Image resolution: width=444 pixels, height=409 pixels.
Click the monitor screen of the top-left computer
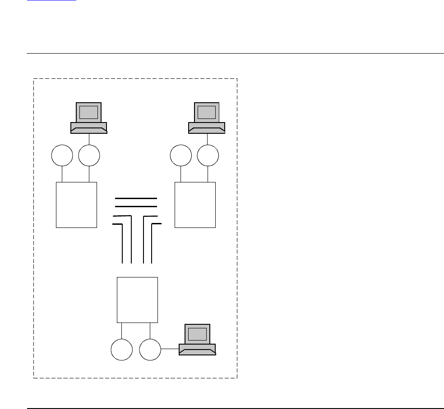pyautogui.click(x=88, y=112)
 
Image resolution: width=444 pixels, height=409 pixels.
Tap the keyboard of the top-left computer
pyautogui.click(x=89, y=128)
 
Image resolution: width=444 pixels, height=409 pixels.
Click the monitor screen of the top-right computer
pyautogui.click(x=207, y=112)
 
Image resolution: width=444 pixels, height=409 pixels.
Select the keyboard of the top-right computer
pyautogui.click(x=207, y=128)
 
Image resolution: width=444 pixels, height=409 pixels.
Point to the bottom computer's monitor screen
pyautogui.click(x=197, y=334)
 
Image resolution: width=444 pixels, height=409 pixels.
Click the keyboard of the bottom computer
pyautogui.click(x=197, y=350)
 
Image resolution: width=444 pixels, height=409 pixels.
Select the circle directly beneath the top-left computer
pyautogui.click(x=89, y=156)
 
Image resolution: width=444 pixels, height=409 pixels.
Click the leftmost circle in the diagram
pyautogui.click(x=62, y=156)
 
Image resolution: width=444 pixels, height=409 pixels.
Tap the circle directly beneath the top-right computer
pyautogui.click(x=208, y=156)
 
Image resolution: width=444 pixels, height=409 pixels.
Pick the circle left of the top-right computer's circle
pyautogui.click(x=181, y=156)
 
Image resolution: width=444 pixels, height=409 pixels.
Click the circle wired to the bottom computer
pyautogui.click(x=150, y=350)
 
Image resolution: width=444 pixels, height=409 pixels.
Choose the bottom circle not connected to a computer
pyautogui.click(x=122, y=350)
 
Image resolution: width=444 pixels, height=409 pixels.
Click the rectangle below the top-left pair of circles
pyautogui.click(x=76, y=205)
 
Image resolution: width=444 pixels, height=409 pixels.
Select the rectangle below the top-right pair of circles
pyautogui.click(x=195, y=205)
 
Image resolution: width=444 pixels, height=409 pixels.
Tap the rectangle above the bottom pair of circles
pyautogui.click(x=137, y=300)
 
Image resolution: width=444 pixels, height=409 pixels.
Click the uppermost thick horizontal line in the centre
pyautogui.click(x=136, y=199)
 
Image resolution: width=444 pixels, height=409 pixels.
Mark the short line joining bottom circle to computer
pyautogui.click(x=170, y=349)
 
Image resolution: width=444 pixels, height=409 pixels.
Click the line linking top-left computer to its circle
pyautogui.click(x=89, y=139)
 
